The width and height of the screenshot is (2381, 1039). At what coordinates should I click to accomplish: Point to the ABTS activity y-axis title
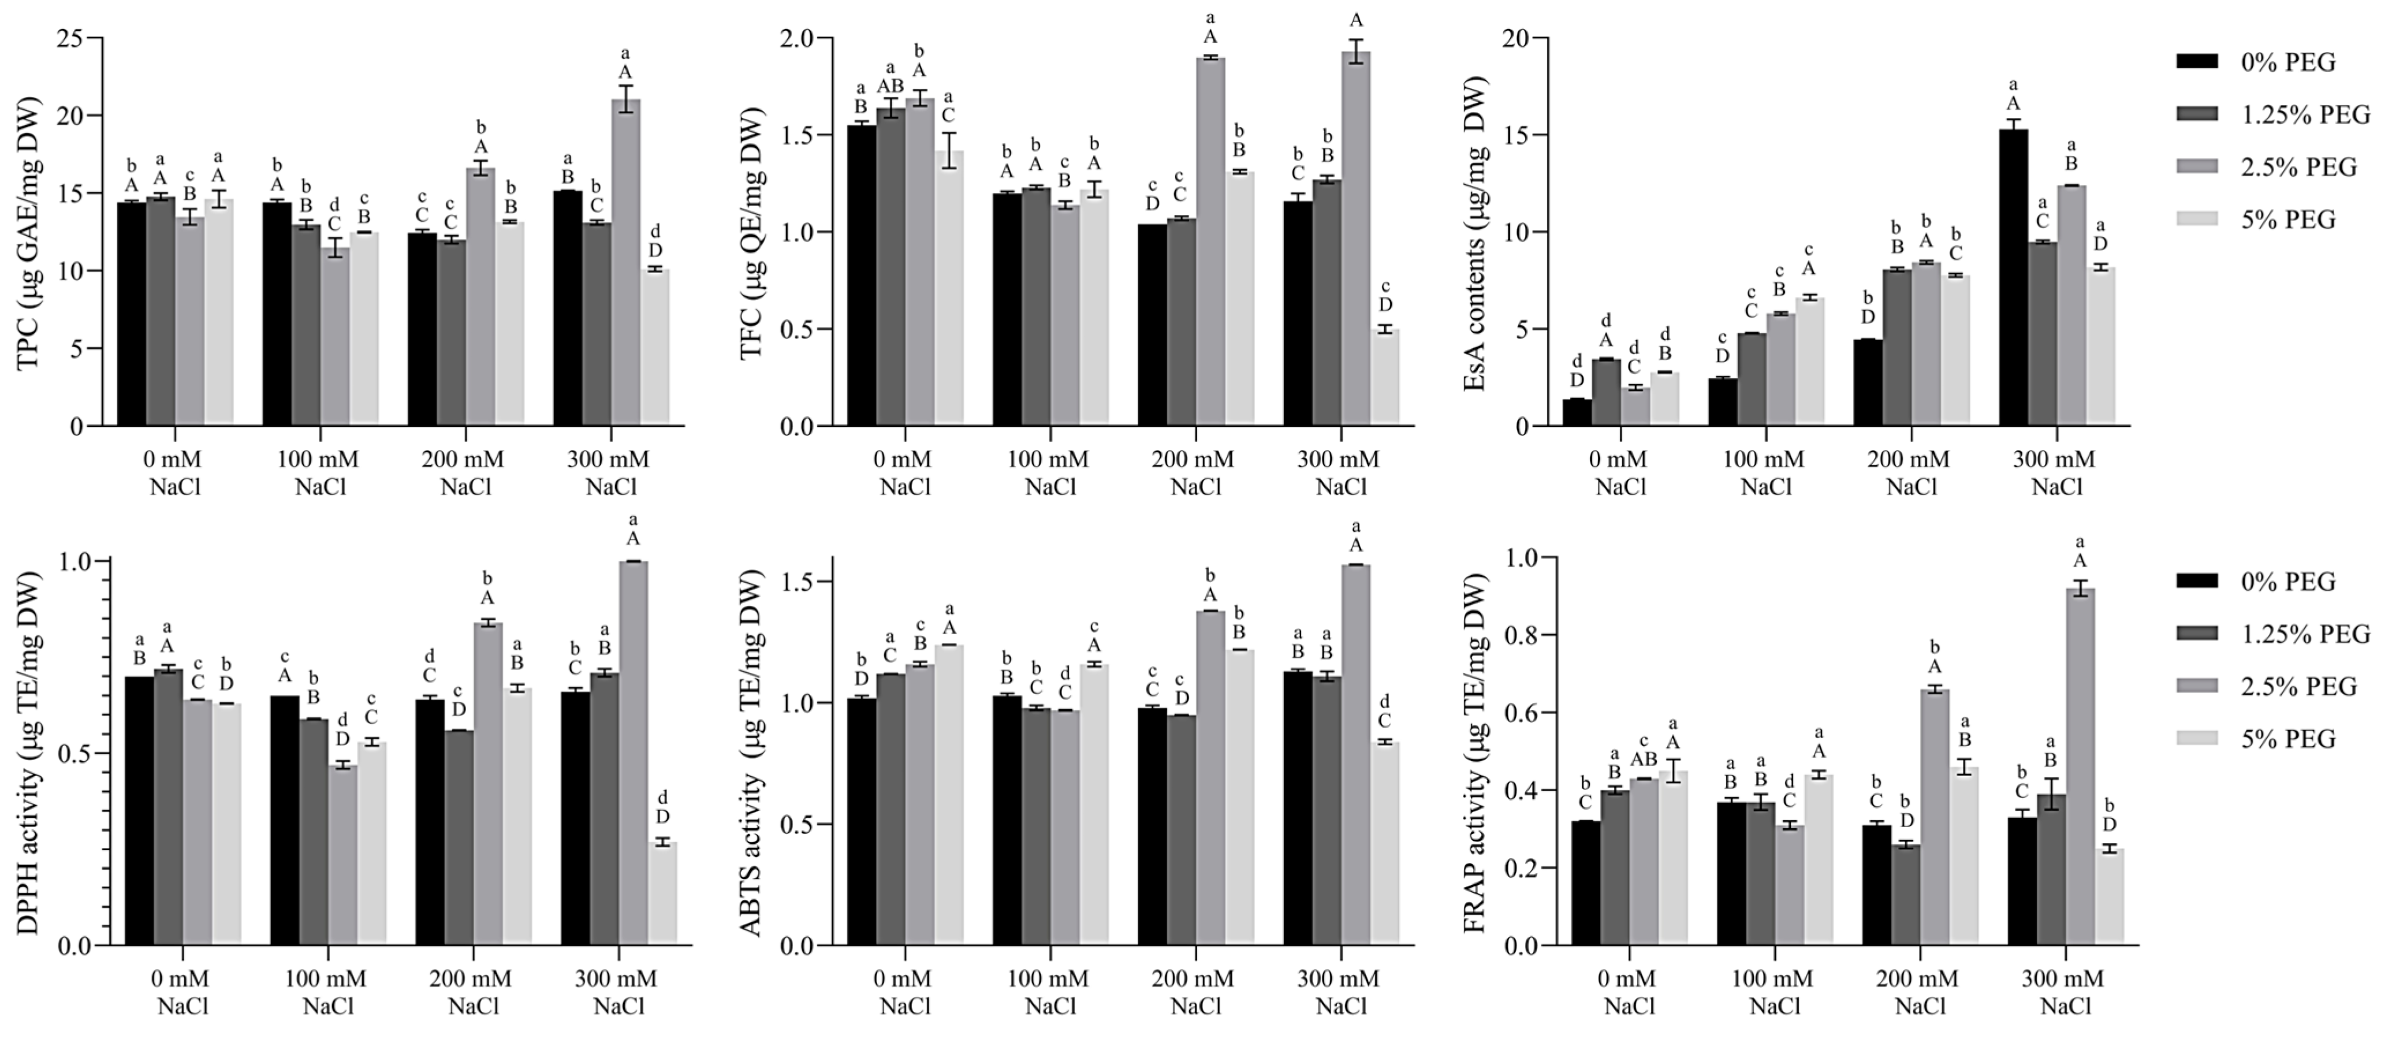click(x=753, y=753)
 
